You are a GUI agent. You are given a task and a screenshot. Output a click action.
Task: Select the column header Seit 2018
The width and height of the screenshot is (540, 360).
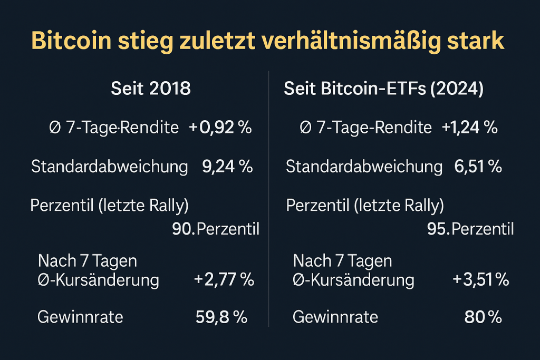(151, 89)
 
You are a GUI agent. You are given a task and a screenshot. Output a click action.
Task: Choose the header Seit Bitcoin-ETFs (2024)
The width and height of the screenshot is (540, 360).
(383, 89)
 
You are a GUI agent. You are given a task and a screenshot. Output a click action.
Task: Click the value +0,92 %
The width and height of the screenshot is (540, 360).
(220, 128)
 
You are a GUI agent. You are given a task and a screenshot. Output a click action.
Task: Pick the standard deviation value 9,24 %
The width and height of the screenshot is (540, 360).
(227, 167)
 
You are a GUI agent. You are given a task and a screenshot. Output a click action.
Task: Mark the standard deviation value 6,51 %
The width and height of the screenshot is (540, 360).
(478, 167)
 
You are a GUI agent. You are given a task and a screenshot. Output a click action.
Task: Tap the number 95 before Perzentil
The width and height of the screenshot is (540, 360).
(438, 230)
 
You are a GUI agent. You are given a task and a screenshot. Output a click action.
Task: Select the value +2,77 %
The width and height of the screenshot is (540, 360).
(224, 280)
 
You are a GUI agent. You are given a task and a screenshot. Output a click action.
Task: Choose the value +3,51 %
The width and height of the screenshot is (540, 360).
(480, 280)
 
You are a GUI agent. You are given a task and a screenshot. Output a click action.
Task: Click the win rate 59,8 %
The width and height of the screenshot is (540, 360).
(221, 317)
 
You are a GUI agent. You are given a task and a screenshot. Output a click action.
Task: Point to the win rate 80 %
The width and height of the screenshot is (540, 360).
(483, 317)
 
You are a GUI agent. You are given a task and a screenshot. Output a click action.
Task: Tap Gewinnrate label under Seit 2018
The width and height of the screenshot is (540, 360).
(80, 317)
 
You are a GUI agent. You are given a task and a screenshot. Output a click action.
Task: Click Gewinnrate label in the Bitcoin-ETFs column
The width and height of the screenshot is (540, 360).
(335, 317)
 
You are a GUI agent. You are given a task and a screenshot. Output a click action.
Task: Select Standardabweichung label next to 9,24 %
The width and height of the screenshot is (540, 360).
(110, 167)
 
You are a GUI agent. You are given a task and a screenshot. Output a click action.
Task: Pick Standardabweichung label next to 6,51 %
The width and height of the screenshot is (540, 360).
(364, 167)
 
